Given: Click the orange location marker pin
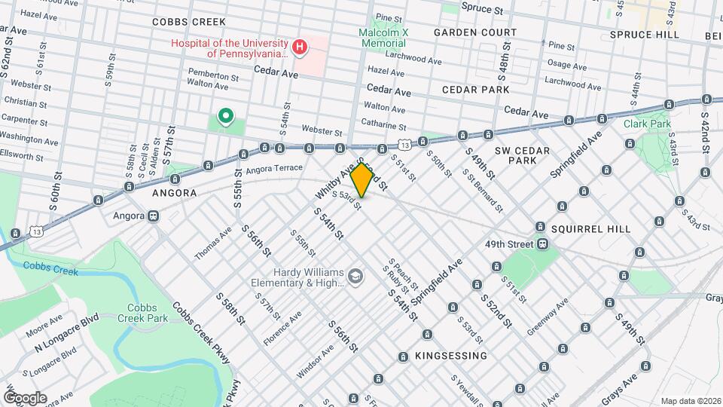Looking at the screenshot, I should pos(362,179).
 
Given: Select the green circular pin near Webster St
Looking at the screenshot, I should pos(224,116).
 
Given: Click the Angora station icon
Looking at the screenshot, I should pos(154,216).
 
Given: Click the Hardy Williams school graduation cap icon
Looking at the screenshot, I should pos(354,277).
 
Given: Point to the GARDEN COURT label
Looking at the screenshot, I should pos(475,32).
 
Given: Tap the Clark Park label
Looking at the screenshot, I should pos(647,124).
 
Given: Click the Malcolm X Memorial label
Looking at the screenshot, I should pos(383,38).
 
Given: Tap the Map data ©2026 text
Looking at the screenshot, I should pos(689,400).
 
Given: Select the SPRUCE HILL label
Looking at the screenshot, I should pos(644,35).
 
